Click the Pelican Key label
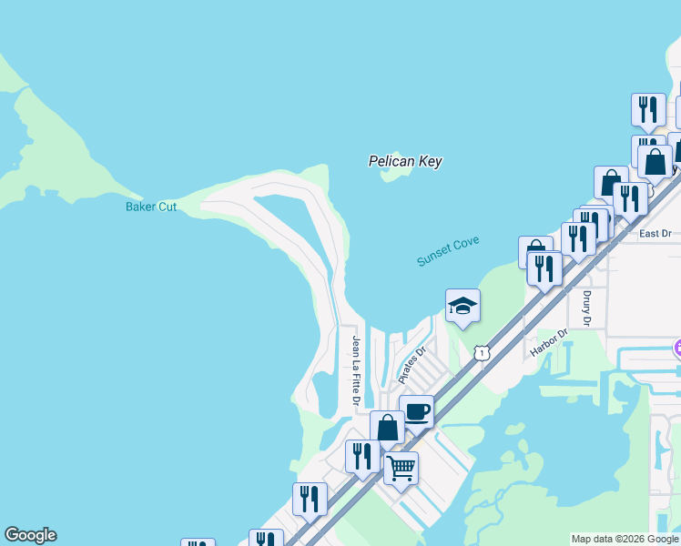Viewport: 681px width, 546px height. coord(404,161)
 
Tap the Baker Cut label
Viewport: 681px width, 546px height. coord(151,207)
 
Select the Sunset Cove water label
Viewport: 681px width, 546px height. coord(447,250)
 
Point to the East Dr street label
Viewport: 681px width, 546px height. coord(655,234)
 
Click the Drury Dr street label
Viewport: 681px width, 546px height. coord(586,308)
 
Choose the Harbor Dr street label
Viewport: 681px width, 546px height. coord(549,342)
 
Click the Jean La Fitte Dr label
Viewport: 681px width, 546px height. coord(357,370)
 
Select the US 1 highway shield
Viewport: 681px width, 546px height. coord(481,351)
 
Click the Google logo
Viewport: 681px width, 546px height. coord(30,535)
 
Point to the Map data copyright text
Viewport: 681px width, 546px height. coord(625,539)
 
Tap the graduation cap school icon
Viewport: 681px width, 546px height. coord(462,306)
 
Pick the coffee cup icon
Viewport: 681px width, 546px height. coord(416,411)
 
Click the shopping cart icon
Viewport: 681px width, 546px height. coord(401,469)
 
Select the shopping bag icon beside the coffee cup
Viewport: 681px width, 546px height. coord(387,427)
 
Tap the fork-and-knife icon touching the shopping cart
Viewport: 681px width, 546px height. coord(362,456)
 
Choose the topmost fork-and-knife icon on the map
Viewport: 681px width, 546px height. coord(648,109)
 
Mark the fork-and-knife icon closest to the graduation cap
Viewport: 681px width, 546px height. coord(544,268)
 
